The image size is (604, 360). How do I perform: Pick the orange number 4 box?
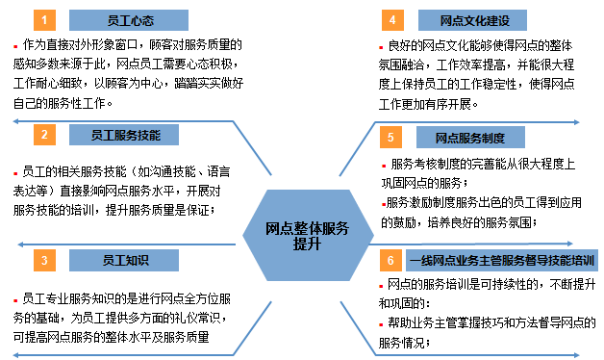click(391, 20)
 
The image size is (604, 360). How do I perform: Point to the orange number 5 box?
click(391, 138)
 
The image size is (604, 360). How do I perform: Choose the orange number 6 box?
click(391, 260)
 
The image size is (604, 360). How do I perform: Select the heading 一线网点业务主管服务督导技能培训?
click(502, 260)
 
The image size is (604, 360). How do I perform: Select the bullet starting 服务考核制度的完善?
click(383, 164)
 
